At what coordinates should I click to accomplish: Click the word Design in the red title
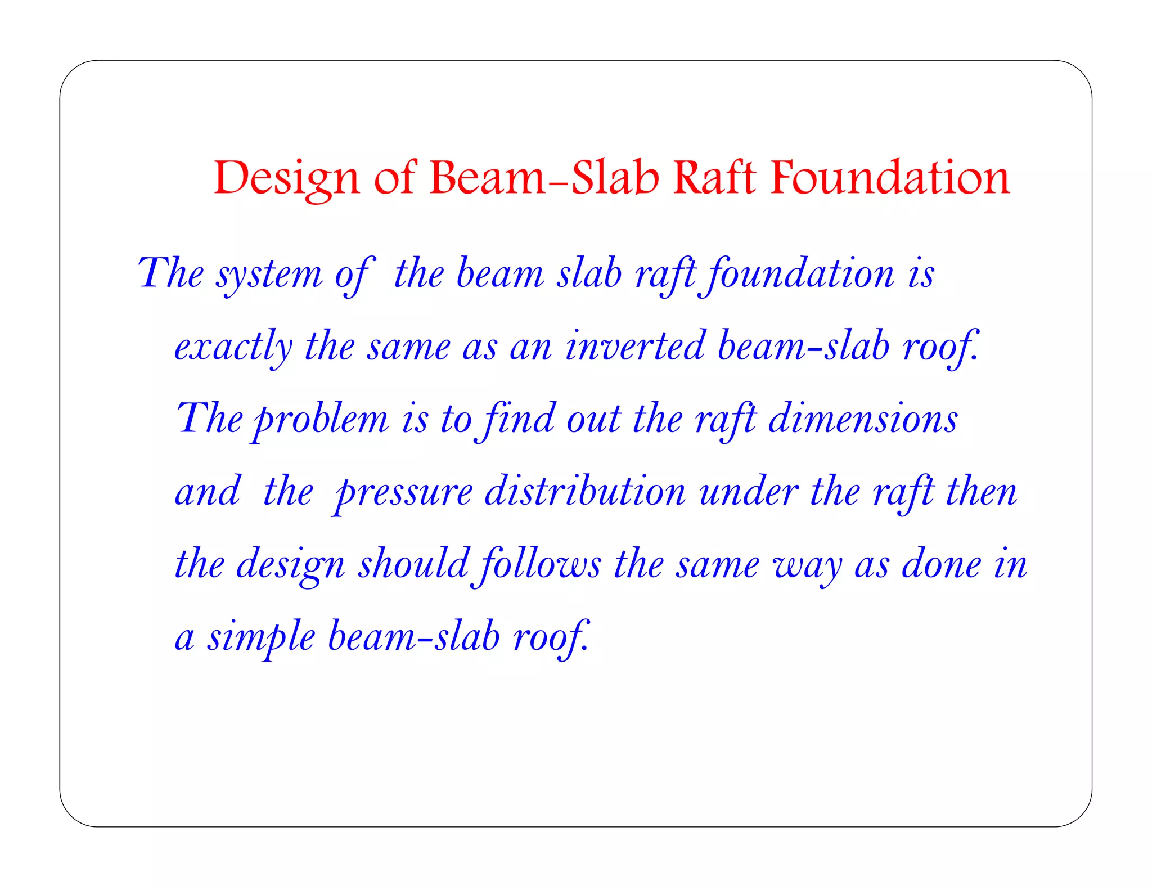[x=286, y=178]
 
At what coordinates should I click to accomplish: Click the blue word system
[x=270, y=275]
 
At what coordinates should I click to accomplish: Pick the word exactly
[x=233, y=347]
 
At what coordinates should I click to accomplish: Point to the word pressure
[x=403, y=493]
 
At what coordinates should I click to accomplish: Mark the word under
[x=749, y=492]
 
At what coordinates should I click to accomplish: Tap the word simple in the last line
[x=262, y=637]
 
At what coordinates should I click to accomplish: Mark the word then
[x=982, y=492]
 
